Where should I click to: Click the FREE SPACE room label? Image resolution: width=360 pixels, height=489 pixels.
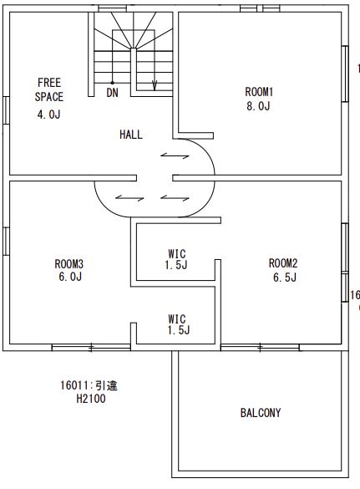click(49, 89)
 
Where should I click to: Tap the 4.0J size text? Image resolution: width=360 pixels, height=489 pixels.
click(49, 115)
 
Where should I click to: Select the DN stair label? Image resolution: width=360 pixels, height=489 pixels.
click(112, 93)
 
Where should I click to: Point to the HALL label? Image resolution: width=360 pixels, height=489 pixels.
click(131, 135)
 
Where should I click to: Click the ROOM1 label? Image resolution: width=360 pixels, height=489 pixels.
click(259, 92)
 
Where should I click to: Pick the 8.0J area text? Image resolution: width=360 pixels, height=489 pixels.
click(258, 106)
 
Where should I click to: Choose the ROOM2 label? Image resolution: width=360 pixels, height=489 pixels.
click(283, 263)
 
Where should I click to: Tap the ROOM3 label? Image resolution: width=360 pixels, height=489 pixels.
click(69, 264)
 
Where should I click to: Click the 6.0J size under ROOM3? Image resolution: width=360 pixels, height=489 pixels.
click(70, 277)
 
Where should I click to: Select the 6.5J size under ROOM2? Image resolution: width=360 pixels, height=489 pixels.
click(285, 277)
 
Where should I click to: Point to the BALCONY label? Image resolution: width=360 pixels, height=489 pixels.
click(261, 413)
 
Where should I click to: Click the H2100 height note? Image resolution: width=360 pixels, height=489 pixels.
click(91, 399)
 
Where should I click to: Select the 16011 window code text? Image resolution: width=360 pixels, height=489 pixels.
click(75, 385)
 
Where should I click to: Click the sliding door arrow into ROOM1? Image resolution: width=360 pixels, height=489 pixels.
click(175, 155)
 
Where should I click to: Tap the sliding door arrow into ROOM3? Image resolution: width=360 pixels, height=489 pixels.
click(129, 198)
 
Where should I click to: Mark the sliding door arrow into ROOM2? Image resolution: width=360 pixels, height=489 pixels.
click(175, 198)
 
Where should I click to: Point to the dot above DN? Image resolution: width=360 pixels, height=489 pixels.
click(112, 83)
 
